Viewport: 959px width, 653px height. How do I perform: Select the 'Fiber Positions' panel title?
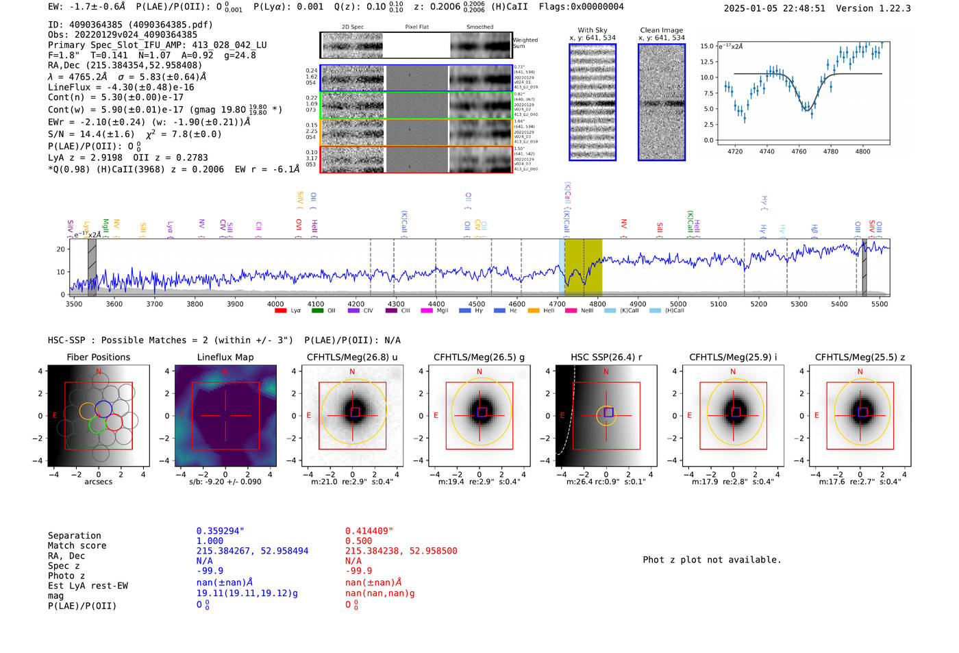[x=98, y=357]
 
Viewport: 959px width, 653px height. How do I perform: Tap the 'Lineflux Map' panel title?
[x=225, y=357]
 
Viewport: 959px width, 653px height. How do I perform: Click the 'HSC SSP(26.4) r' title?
[x=606, y=357]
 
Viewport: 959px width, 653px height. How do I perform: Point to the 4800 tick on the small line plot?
[x=862, y=151]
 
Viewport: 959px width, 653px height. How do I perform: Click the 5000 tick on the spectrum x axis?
[x=678, y=304]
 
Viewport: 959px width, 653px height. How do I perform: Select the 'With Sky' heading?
[x=592, y=30]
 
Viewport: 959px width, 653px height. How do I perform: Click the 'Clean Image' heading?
[x=661, y=30]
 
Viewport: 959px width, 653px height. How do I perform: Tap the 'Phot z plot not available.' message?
[x=712, y=560]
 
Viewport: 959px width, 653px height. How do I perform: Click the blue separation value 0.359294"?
[x=220, y=531]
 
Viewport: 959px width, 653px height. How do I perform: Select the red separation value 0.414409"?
[x=369, y=531]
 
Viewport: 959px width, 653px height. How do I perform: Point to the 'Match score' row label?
[x=77, y=545]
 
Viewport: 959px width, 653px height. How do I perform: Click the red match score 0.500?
[x=358, y=541]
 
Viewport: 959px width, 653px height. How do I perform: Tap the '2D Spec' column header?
[x=352, y=27]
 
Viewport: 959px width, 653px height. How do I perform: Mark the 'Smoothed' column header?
[x=480, y=27]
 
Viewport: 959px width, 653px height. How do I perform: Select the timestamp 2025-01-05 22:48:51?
[x=774, y=8]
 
